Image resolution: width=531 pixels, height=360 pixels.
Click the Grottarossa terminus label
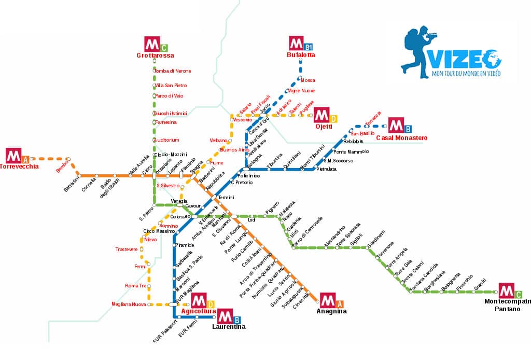pos(155,56)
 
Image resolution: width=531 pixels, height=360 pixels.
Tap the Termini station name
pos(226,198)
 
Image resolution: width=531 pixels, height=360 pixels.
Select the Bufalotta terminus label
pos(301,54)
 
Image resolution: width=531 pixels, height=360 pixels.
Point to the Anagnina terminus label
pos(331,311)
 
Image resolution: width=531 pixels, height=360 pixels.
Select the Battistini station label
pos(72,184)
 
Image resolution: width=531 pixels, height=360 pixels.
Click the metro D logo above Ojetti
pos(326,115)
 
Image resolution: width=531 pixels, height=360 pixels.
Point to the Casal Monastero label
pos(401,138)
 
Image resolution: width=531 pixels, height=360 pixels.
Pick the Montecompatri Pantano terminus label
pos(507,305)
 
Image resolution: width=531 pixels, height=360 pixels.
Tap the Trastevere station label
pos(127,250)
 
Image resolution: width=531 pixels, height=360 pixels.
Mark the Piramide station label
pos(185,245)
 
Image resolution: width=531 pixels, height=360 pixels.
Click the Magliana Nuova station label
pos(128,304)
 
